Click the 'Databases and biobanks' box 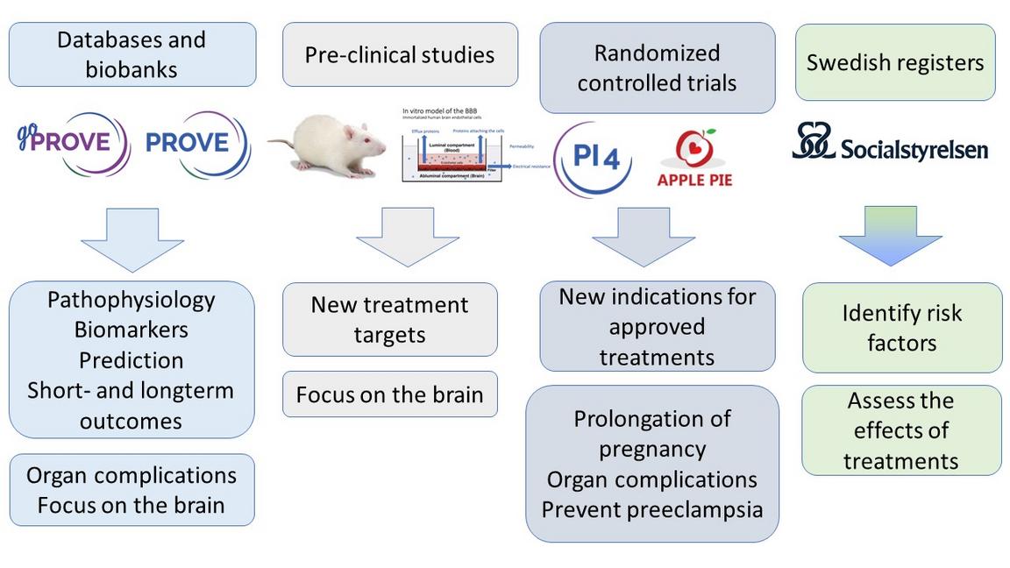pos(132,54)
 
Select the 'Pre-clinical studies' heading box pos(400,54)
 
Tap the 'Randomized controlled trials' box pos(657,67)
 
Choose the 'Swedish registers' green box pos(895,62)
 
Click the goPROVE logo pos(74,143)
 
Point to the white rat pos(329,146)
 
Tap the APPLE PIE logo pos(694,159)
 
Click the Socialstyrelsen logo pos(890,143)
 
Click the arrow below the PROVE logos pos(132,238)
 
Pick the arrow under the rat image pos(408,236)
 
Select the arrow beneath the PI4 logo pos(644,236)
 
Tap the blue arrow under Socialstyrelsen pos(890,235)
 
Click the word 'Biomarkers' pos(132,330)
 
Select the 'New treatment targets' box pos(389,319)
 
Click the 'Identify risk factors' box pos(902,328)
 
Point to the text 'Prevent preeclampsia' pos(652,509)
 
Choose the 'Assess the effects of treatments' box pos(901,430)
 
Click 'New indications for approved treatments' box pos(657,327)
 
